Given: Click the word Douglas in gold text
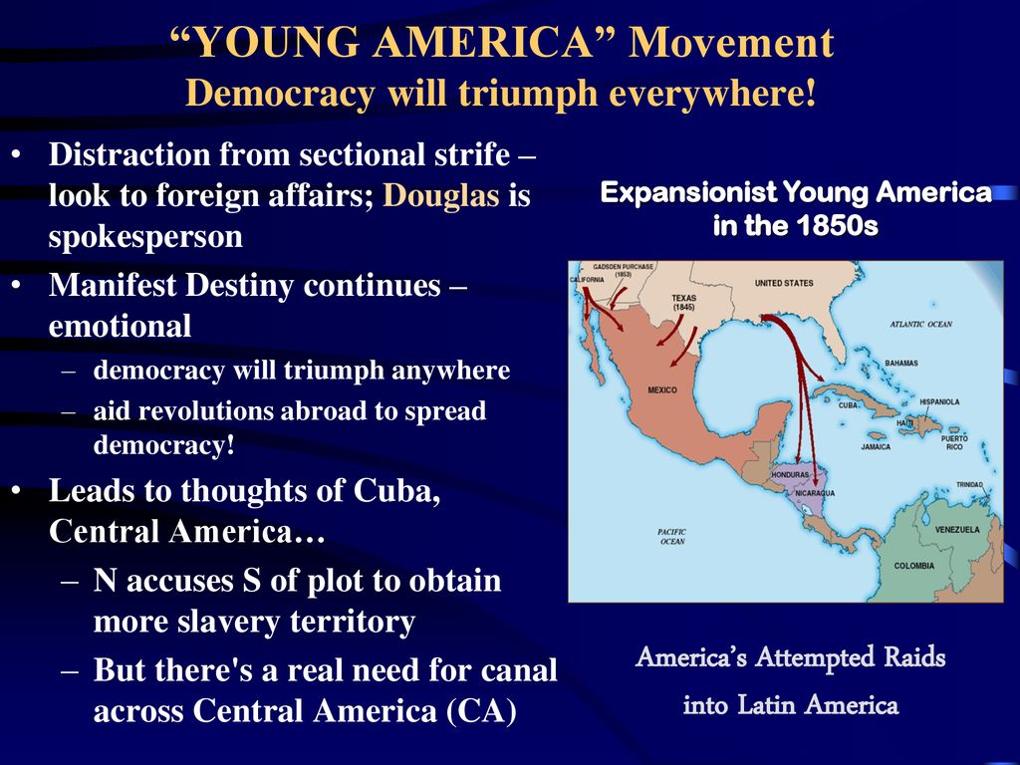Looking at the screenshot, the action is [441, 195].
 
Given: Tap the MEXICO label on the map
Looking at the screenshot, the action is [662, 389].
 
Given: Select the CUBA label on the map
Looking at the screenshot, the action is [848, 405].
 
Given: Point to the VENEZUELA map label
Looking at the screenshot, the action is [957, 530].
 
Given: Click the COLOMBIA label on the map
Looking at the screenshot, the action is [914, 566].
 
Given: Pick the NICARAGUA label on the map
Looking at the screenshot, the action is [815, 493].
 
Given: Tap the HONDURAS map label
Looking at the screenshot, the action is [790, 475].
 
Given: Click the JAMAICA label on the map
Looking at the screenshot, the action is [876, 447].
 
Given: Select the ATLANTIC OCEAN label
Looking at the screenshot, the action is [921, 324].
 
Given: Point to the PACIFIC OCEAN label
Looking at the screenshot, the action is [672, 537].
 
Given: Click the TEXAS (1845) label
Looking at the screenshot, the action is [683, 303].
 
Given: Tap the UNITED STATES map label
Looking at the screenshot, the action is [784, 283].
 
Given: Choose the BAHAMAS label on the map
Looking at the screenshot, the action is [901, 363].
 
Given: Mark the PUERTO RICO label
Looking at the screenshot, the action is [954, 443].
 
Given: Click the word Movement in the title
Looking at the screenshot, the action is [731, 42].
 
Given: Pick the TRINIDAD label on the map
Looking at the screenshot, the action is [969, 485].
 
